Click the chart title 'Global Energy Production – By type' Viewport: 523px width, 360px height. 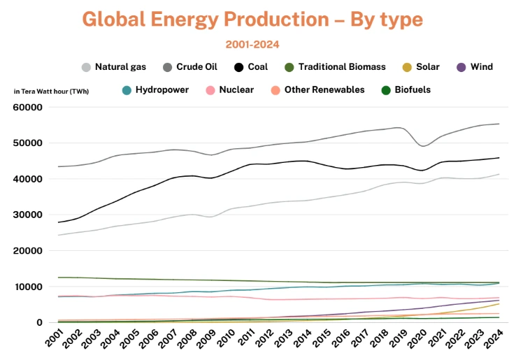pyautogui.click(x=252, y=20)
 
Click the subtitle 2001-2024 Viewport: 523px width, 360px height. pyautogui.click(x=252, y=45)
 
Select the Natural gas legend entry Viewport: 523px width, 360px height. pyautogui.click(x=115, y=67)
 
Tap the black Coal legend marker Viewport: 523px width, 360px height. pyautogui.click(x=239, y=67)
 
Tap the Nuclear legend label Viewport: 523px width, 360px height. pyautogui.click(x=236, y=90)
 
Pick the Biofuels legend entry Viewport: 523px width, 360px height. pyautogui.click(x=412, y=90)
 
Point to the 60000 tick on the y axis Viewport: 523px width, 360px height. pyautogui.click(x=29, y=108)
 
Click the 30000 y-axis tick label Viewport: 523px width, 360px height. pyautogui.click(x=29, y=215)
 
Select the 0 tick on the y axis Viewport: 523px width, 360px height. pyautogui.click(x=41, y=322)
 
